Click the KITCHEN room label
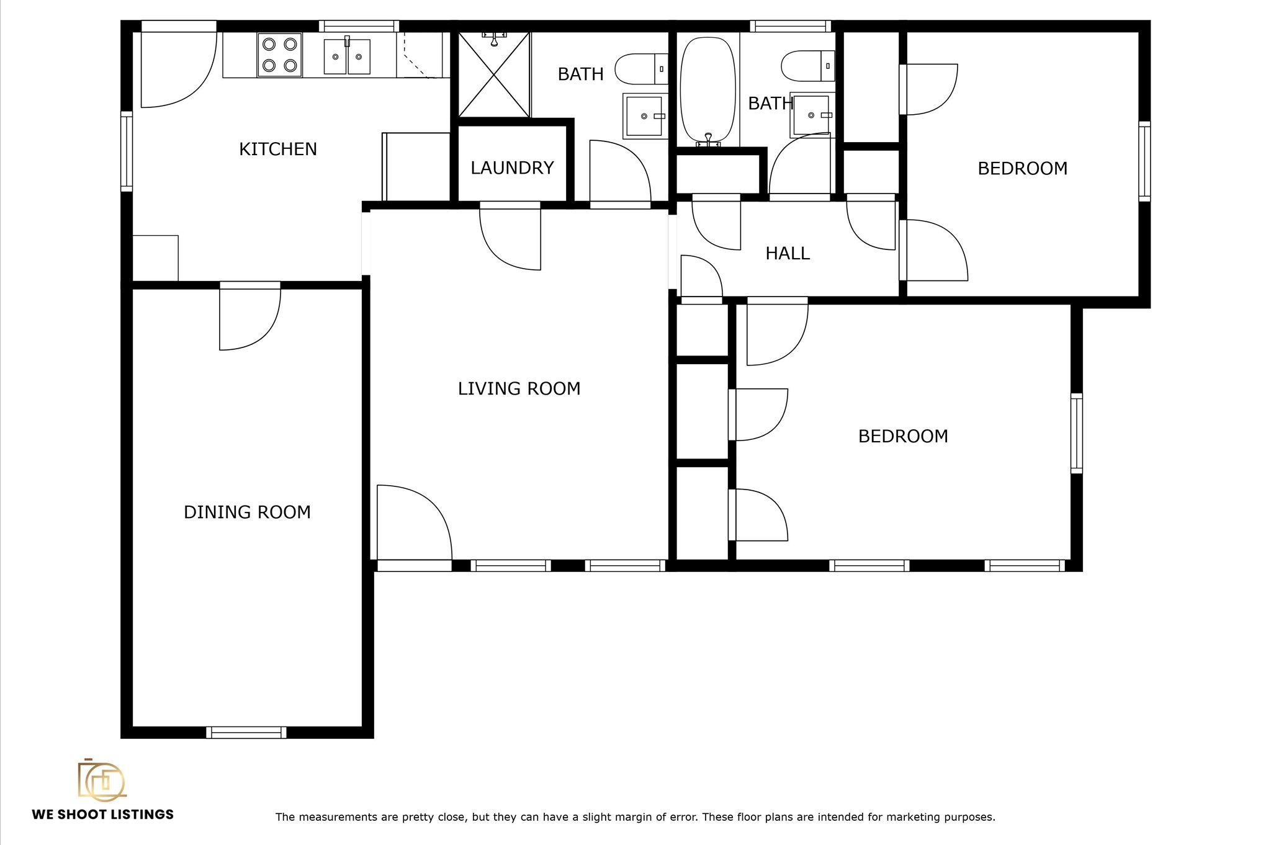click(278, 149)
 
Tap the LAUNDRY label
click(512, 168)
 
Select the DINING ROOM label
click(247, 512)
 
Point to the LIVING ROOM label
click(519, 388)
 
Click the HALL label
click(788, 253)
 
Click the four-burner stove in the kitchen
click(280, 55)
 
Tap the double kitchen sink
click(347, 56)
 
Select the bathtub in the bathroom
click(708, 91)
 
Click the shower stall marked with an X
click(494, 74)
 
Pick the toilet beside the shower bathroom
click(641, 69)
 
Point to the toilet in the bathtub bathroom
click(807, 66)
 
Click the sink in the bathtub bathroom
click(811, 115)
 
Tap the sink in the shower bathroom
click(644, 116)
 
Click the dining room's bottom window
click(246, 732)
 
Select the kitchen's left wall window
click(127, 151)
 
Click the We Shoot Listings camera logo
click(102, 779)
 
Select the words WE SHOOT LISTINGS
click(103, 815)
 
